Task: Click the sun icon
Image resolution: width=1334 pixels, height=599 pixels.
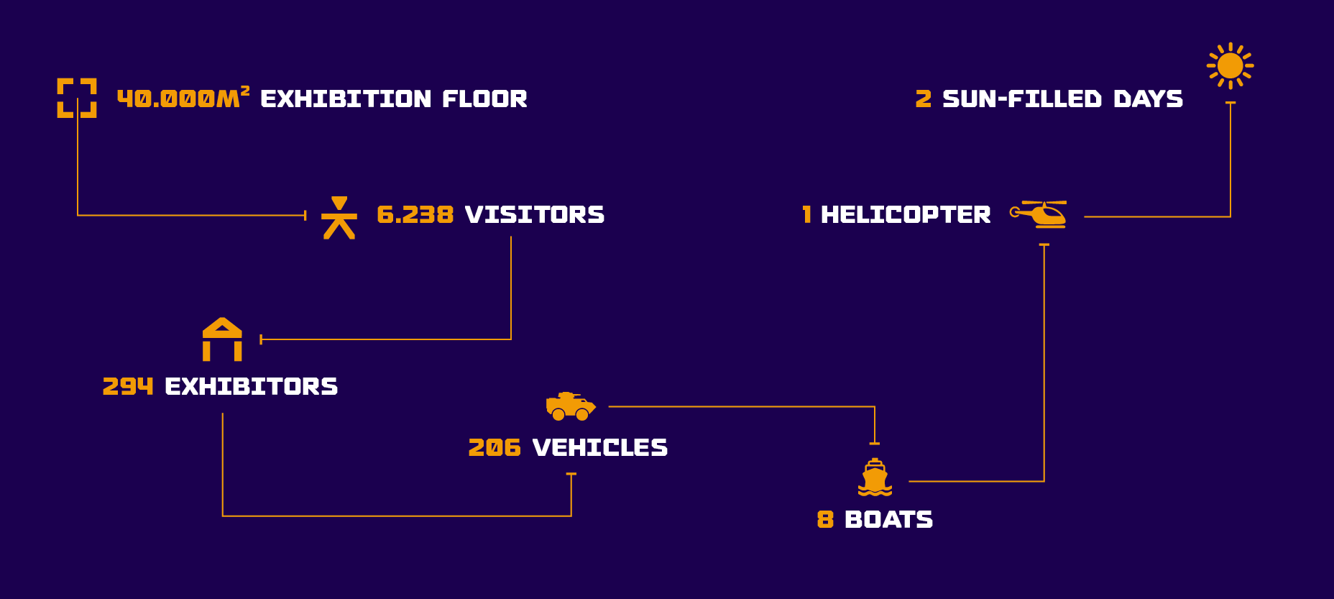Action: [1230, 65]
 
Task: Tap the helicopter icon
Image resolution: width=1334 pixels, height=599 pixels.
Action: [1039, 214]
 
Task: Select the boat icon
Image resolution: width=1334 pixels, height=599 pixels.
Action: [875, 477]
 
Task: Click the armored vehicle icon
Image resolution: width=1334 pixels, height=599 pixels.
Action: [571, 406]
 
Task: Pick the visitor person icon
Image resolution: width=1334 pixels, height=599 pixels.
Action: [339, 217]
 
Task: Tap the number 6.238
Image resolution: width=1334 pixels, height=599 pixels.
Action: [415, 214]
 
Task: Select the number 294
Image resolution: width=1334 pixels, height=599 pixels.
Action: [128, 386]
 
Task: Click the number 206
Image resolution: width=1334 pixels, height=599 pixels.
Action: [494, 447]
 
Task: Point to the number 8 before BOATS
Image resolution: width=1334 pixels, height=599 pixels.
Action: [825, 519]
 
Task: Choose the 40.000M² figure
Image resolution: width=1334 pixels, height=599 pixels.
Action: [183, 97]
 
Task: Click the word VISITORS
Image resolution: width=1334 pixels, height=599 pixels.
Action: [535, 214]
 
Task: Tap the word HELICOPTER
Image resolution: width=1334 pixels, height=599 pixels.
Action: [906, 214]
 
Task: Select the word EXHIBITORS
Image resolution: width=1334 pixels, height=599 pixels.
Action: [252, 386]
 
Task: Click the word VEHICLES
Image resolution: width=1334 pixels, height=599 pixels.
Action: [600, 447]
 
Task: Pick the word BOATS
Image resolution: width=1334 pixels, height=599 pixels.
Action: [889, 519]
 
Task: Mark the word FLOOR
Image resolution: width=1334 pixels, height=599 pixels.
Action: [485, 99]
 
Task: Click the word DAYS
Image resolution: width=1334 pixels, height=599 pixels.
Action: [1149, 99]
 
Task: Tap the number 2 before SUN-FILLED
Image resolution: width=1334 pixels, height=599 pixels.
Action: [924, 99]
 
